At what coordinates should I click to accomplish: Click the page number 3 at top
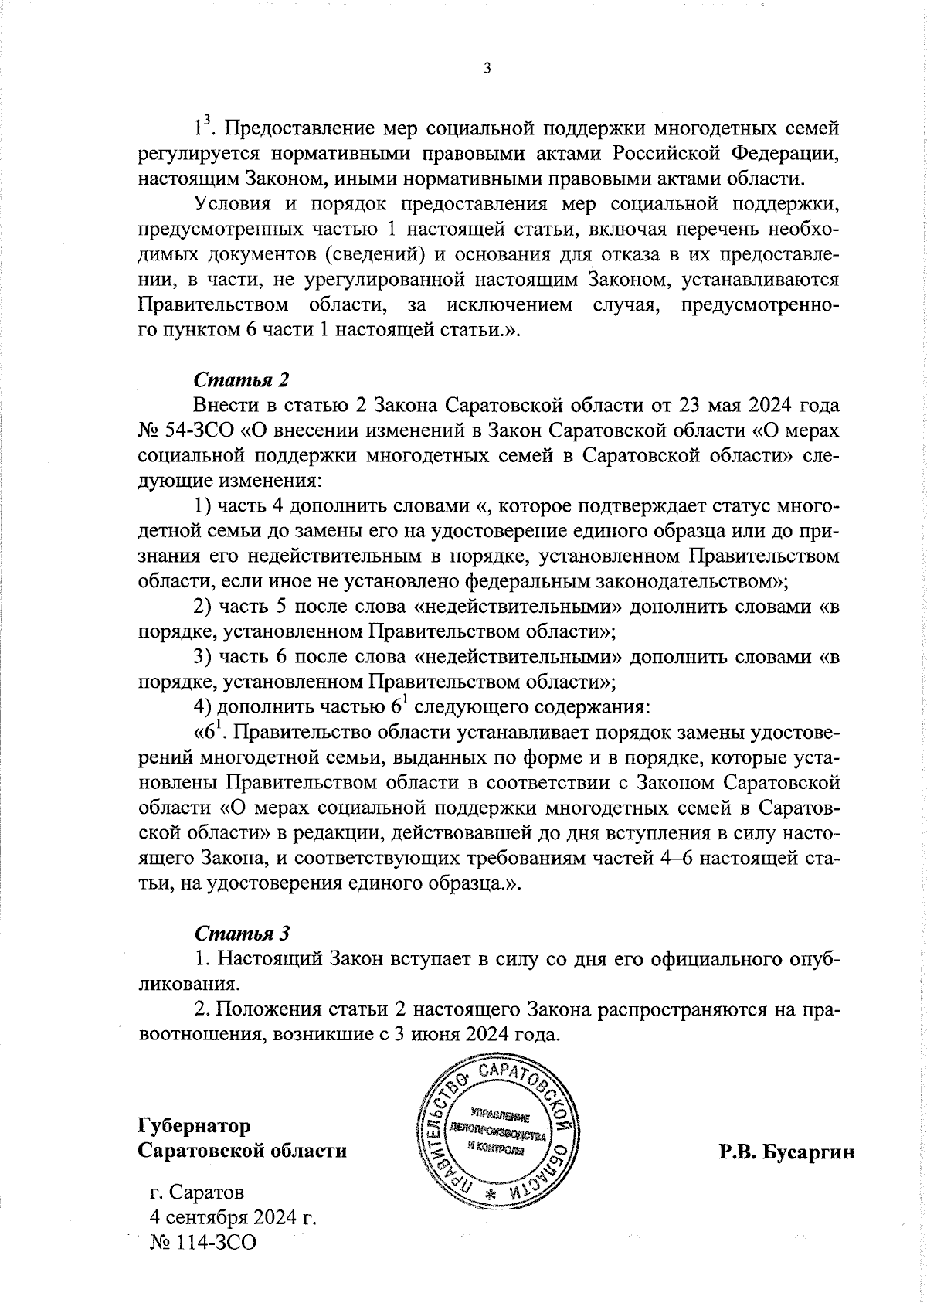(487, 69)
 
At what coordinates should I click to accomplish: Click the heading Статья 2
(241, 379)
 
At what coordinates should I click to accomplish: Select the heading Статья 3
(241, 933)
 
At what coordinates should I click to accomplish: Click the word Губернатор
(194, 1124)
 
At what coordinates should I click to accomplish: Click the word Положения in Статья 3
(263, 1009)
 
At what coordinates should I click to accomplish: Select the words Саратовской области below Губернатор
(242, 1150)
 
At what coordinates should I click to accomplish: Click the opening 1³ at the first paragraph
(202, 126)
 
